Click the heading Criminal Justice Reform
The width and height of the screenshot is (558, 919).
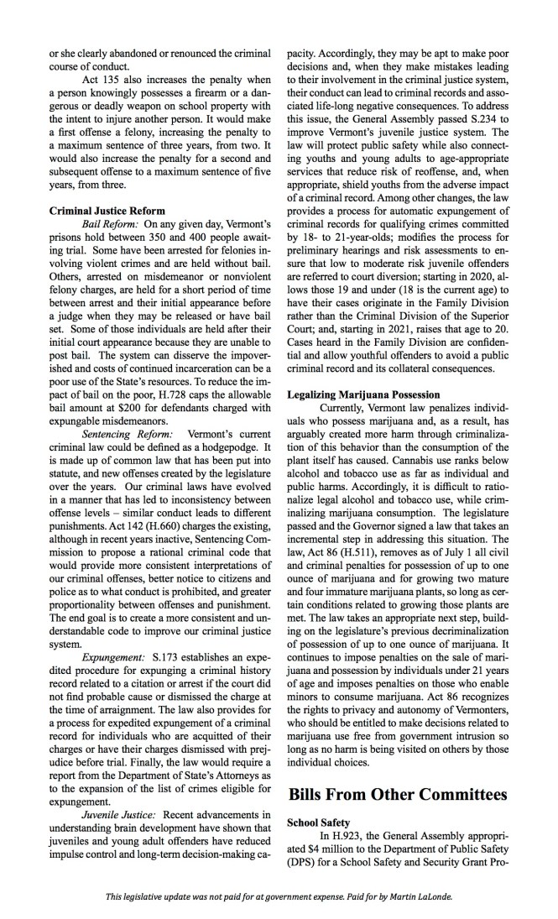point(107,210)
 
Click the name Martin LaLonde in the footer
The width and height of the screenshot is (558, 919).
point(426,896)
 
